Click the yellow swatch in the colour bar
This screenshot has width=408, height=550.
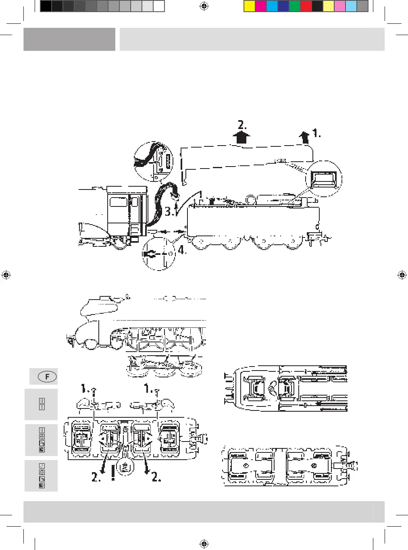pos(250,6)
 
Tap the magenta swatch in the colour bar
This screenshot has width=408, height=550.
pos(261,6)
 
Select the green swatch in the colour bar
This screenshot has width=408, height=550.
pos(295,6)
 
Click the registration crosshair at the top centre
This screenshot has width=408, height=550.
pos(204,6)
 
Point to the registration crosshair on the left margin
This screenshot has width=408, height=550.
pos(6,275)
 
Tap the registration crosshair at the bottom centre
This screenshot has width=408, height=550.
pos(204,544)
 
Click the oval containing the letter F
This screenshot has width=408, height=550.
pos(47,377)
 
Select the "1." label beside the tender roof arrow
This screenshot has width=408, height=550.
pos(317,133)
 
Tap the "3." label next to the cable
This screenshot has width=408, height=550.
pos(170,211)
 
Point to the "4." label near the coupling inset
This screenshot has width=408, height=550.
pos(182,250)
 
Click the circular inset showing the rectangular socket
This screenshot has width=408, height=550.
pos(324,179)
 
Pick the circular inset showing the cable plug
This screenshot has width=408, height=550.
pos(153,161)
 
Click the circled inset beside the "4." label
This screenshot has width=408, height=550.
pos(159,254)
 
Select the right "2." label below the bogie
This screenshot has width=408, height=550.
pos(156,477)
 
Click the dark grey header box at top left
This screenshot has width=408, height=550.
pos(69,39)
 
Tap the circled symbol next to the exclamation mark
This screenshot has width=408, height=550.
pos(125,467)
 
